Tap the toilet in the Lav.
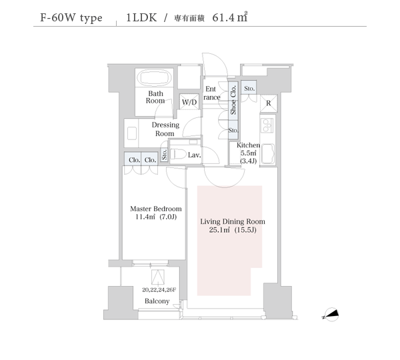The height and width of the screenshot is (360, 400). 177,154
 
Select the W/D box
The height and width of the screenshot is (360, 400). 189,102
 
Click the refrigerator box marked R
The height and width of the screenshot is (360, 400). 269,103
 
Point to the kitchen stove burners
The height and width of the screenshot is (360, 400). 267,125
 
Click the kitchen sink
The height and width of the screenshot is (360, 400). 268,153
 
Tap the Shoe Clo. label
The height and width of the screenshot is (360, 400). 233,100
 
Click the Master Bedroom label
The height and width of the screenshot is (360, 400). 156,209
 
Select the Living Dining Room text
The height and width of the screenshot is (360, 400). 233,221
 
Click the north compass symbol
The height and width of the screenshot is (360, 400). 331,314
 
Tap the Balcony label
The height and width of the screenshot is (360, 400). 157,301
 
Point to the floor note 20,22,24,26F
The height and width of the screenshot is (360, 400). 159,290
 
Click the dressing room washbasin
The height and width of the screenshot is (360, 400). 131,133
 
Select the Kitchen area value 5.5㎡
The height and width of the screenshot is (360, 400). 248,153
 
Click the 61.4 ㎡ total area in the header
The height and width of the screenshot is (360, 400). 229,17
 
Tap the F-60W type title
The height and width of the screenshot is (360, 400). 71,17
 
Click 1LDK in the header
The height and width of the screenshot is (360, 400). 141,17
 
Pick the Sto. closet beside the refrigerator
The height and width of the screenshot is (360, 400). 249,88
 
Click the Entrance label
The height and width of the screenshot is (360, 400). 211,93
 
